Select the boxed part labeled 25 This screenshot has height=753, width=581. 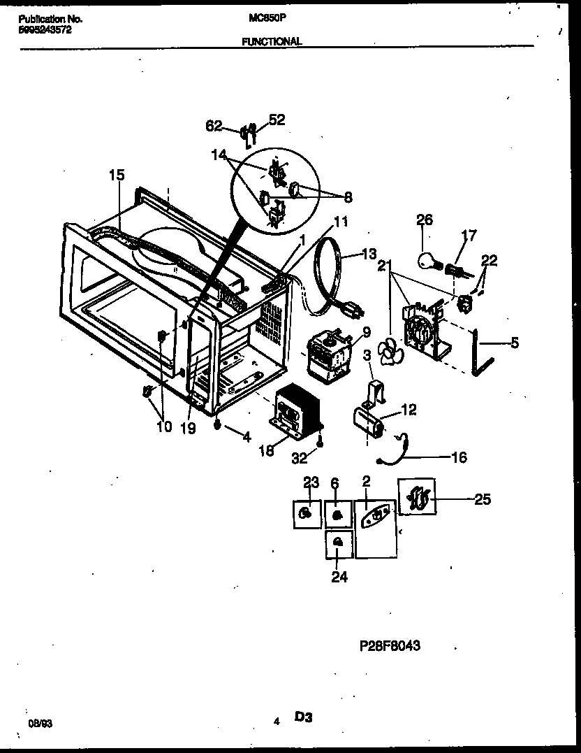click(417, 499)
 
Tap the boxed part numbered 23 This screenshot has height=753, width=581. click(305, 514)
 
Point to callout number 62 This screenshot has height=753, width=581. click(213, 126)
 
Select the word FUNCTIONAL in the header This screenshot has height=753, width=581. click(272, 41)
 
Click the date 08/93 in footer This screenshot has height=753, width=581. click(39, 725)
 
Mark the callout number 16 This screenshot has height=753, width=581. click(459, 457)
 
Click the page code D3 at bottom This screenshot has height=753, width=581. click(303, 717)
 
